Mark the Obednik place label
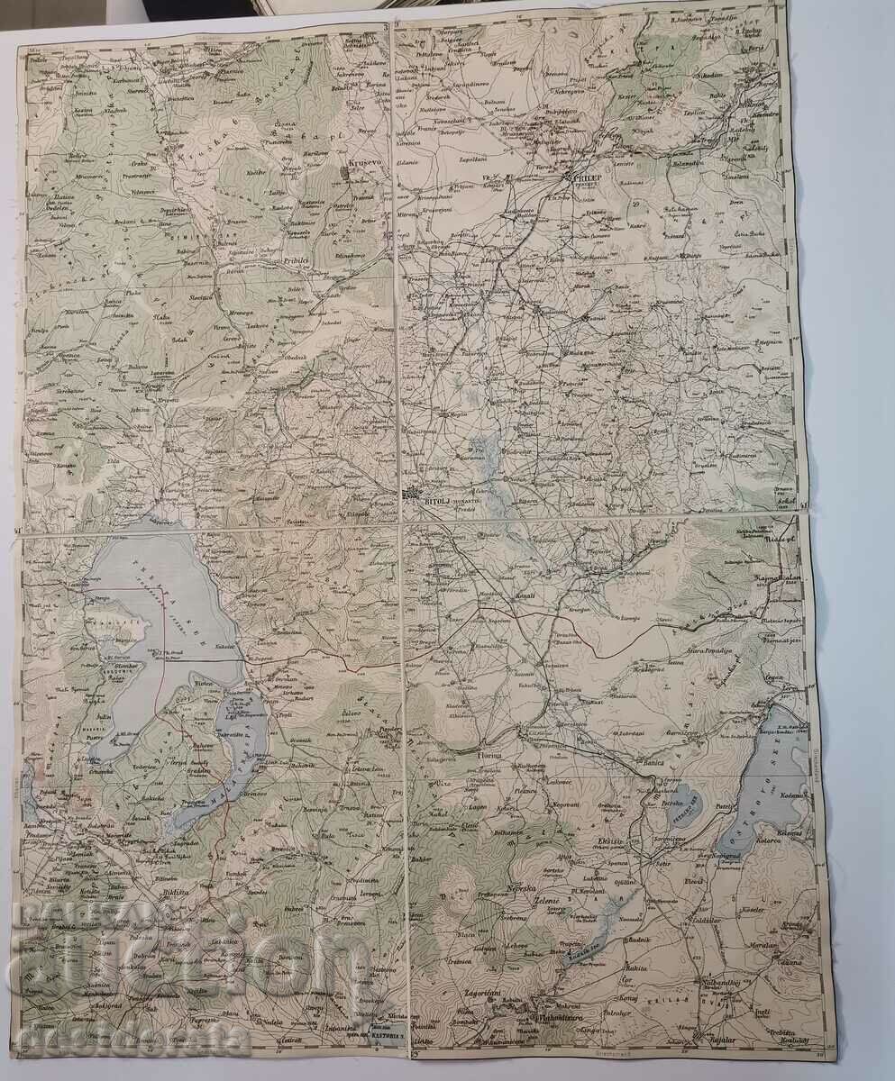click(x=297, y=357)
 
